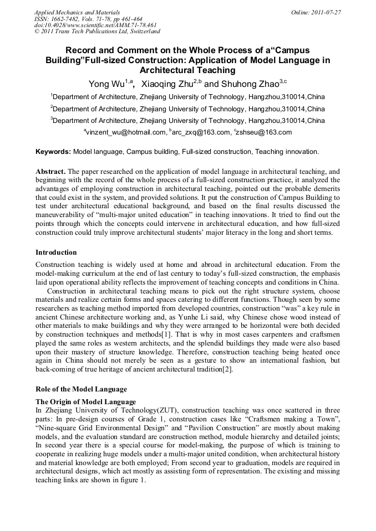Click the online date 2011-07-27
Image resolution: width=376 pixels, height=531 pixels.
[326, 12]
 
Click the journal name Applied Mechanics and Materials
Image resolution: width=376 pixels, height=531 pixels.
[77, 12]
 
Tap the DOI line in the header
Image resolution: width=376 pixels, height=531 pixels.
[95, 25]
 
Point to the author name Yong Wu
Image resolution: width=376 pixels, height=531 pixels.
[106, 84]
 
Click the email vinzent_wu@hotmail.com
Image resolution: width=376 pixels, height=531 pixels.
[126, 132]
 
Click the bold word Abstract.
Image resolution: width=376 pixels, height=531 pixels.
[50, 172]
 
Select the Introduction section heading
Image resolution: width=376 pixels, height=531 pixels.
[56, 252]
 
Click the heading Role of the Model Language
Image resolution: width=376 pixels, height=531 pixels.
[81, 389]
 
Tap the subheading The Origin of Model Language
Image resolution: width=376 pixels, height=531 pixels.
[85, 401]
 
